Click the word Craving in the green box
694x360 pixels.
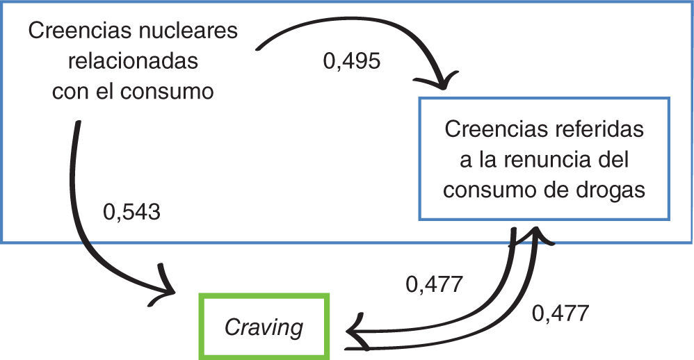pyautogui.click(x=264, y=326)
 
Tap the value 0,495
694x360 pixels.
pyautogui.click(x=352, y=61)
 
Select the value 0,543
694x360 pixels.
pyautogui.click(x=131, y=211)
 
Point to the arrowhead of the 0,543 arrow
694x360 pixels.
pyautogui.click(x=170, y=288)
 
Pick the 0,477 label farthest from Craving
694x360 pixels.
pyautogui.click(x=560, y=313)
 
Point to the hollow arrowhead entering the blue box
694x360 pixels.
pyautogui.click(x=534, y=234)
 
